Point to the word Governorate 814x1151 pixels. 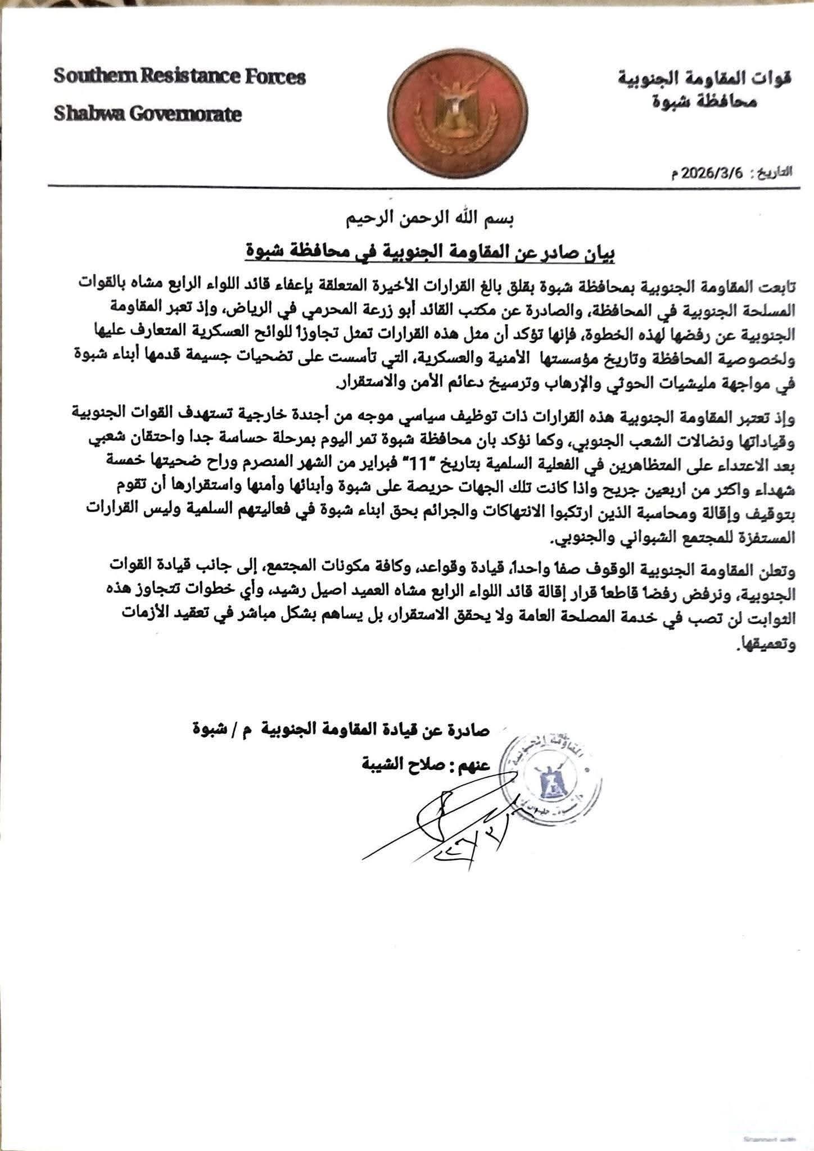[x=186, y=115]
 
